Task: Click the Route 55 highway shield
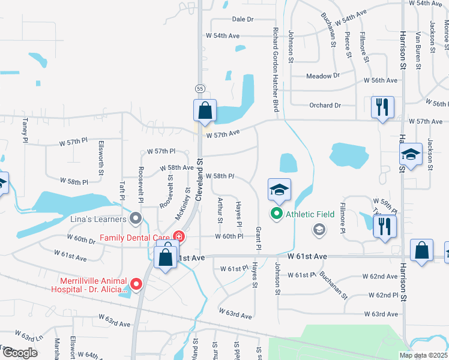click(x=200, y=89)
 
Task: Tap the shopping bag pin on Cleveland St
click(x=205, y=110)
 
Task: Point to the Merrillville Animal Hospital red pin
click(x=136, y=284)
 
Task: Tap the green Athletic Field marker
click(x=277, y=213)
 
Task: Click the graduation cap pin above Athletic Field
click(x=279, y=190)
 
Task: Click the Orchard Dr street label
click(x=325, y=106)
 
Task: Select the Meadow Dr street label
click(x=323, y=76)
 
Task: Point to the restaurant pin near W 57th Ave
click(x=382, y=107)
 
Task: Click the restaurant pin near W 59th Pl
click(x=384, y=226)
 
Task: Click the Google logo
click(x=20, y=353)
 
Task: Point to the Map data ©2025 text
click(x=423, y=355)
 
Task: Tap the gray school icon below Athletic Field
click(x=319, y=229)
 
